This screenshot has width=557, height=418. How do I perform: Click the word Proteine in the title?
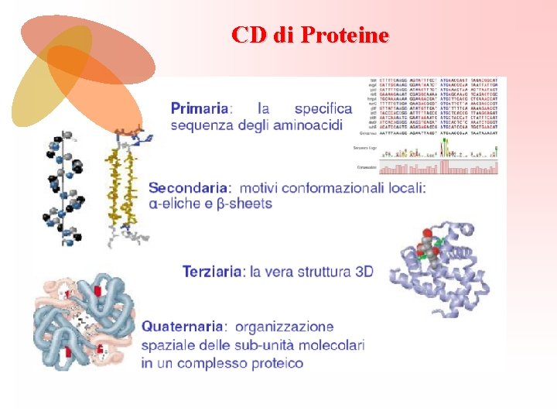click(344, 35)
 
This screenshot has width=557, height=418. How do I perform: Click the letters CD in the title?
click(250, 35)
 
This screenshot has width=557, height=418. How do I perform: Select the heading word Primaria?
click(200, 109)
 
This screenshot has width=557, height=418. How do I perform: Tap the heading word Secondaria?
click(189, 187)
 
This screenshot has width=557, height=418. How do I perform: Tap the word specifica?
click(323, 109)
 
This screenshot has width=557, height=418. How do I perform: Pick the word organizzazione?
click(285, 327)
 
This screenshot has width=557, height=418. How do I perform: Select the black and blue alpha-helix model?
click(65, 190)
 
